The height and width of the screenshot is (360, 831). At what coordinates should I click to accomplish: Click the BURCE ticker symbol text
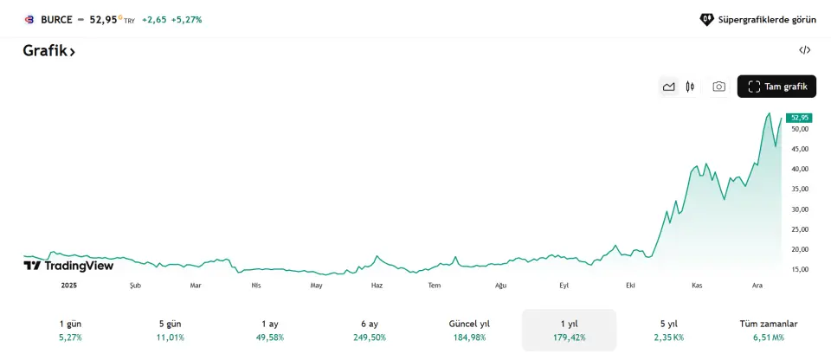(56, 19)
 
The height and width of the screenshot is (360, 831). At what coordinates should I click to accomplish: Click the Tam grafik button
(776, 87)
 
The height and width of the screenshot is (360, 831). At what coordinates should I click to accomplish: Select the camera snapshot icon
(718, 87)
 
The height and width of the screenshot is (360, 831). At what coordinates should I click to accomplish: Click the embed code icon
(804, 50)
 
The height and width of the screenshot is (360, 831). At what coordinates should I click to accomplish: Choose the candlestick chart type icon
(690, 87)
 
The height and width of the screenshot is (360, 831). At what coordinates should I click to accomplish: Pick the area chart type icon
(668, 87)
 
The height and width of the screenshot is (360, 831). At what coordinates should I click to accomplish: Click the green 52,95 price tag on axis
(799, 118)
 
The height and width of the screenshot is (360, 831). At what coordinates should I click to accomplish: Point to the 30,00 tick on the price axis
(799, 209)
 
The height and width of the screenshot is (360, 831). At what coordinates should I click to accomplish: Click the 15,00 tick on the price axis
(799, 269)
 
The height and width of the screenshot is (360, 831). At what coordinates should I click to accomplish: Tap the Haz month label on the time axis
(377, 286)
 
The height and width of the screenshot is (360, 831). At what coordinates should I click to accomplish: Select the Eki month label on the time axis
(630, 286)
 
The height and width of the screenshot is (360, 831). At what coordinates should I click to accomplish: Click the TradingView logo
(68, 266)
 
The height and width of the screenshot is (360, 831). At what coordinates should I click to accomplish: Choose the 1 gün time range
(70, 330)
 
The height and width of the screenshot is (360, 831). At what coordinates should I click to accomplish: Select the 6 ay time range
(370, 330)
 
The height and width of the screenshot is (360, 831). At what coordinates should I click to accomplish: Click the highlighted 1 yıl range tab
(569, 330)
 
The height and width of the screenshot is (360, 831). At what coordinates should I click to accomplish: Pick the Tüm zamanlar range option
(769, 330)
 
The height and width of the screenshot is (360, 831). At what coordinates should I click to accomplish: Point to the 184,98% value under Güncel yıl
(469, 337)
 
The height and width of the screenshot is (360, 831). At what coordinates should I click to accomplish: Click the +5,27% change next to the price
(186, 19)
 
